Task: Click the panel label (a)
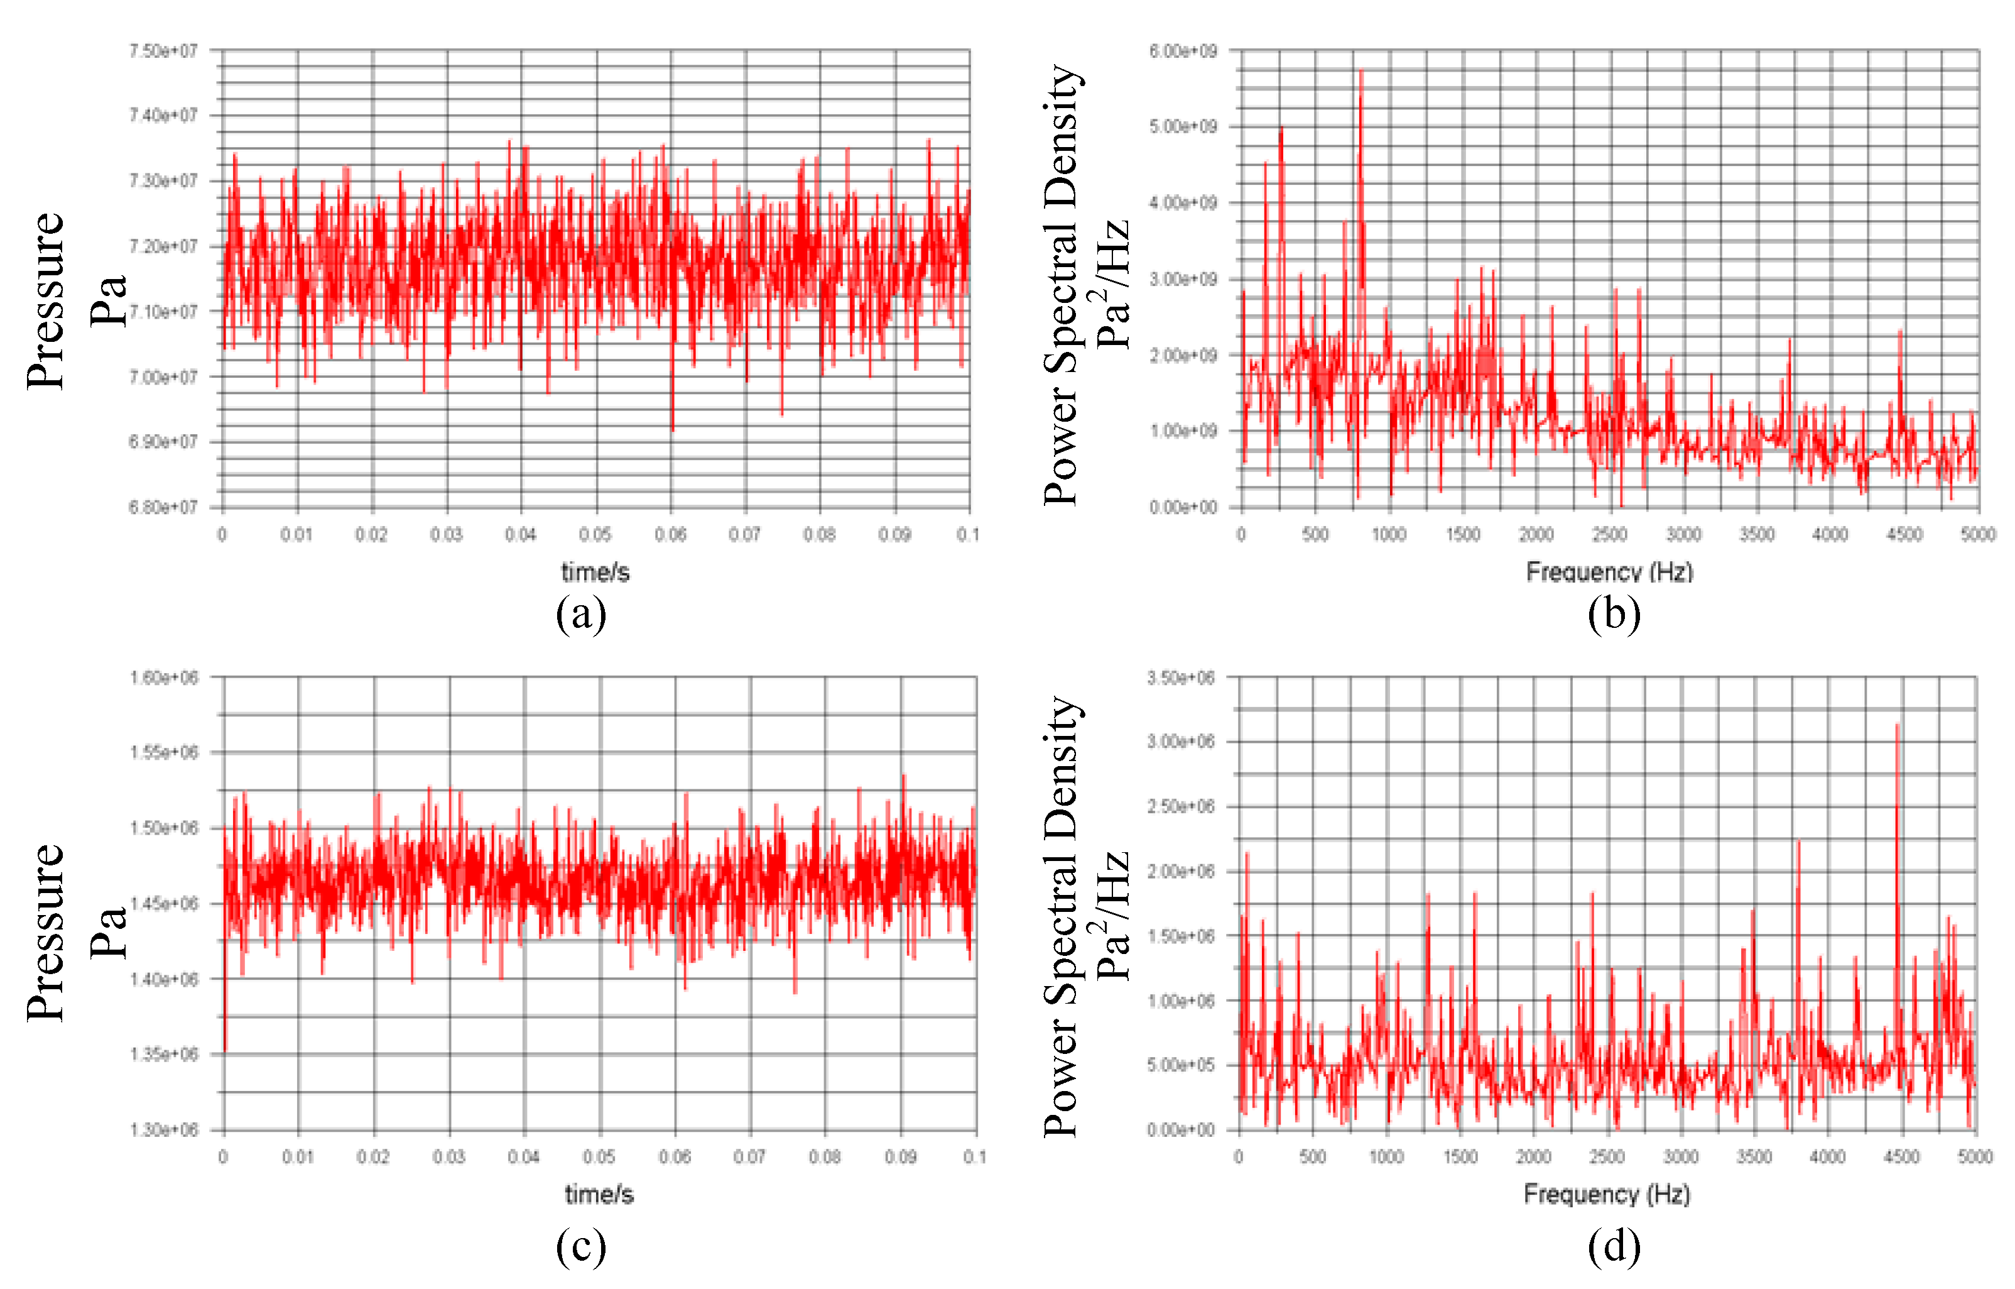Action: [581, 615]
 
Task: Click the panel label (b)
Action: [1614, 615]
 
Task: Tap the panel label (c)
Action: [581, 1247]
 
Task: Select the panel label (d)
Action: [1614, 1247]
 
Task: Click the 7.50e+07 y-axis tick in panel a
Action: [164, 51]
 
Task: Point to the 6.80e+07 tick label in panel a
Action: [164, 507]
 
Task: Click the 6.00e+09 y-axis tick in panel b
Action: [1183, 51]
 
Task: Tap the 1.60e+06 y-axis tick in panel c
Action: [164, 677]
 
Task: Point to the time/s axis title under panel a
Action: [595, 573]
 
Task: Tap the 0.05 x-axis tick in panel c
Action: [599, 1157]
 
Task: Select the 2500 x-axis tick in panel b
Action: [1609, 534]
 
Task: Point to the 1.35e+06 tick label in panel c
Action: [164, 1054]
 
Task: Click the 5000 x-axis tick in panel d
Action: [1975, 1157]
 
